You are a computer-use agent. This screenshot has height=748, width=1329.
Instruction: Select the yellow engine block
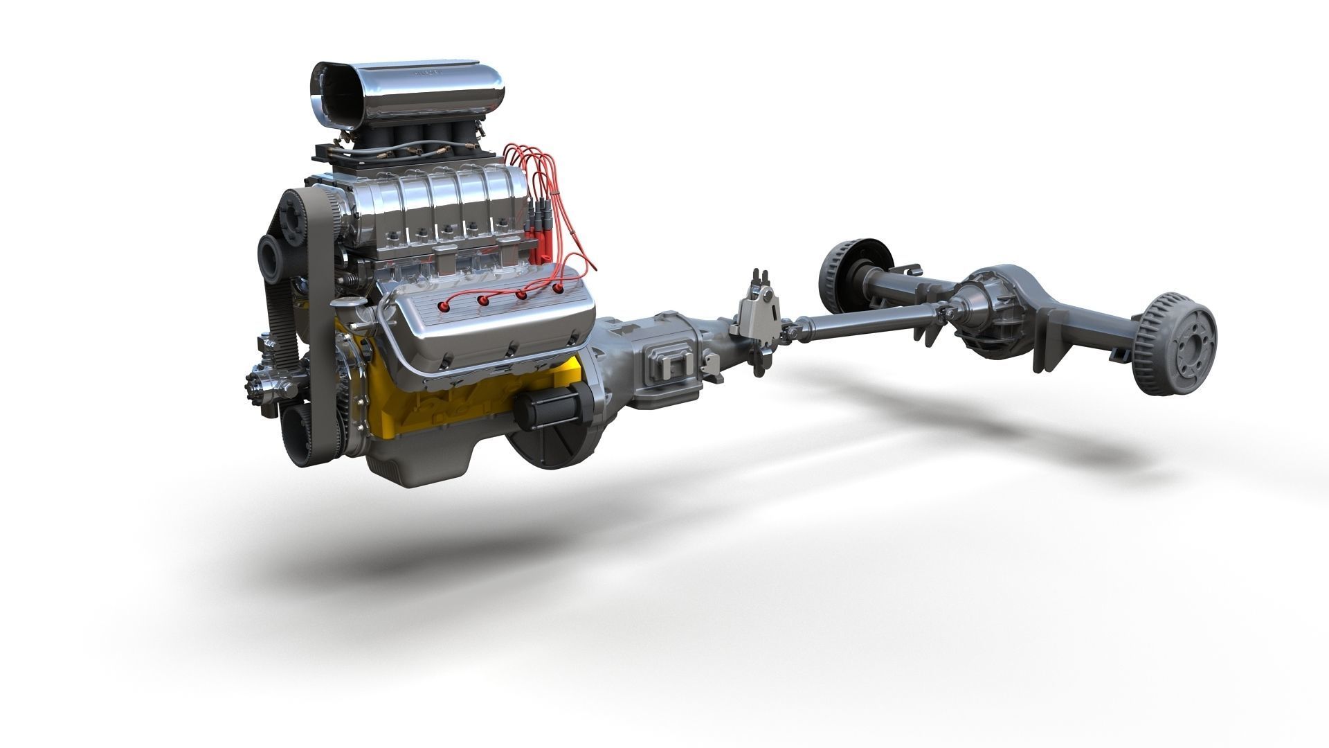coord(415,402)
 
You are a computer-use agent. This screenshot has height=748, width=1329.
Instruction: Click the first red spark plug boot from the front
coord(443,305)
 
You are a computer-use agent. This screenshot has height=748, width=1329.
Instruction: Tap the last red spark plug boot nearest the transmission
coord(558,286)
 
